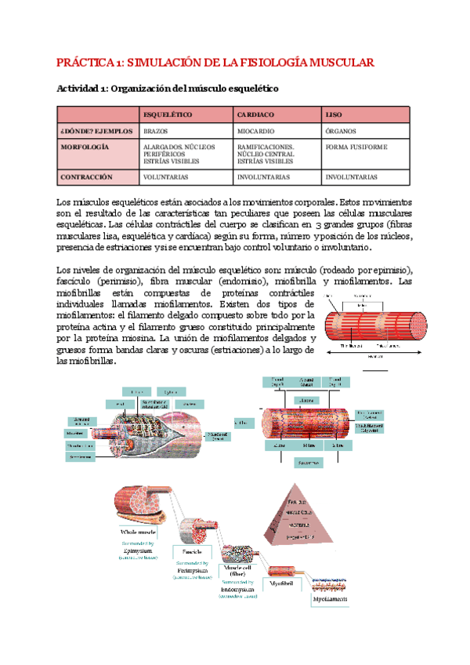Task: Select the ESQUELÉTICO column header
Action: pyautogui.click(x=168, y=115)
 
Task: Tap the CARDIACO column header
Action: pyautogui.click(x=255, y=115)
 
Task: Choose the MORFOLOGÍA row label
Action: pyautogui.click(x=84, y=147)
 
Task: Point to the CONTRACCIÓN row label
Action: pyautogui.click(x=86, y=177)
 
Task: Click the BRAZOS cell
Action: pyautogui.click(x=155, y=131)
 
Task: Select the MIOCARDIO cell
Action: pyautogui.click(x=256, y=131)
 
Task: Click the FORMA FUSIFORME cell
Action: pyautogui.click(x=355, y=147)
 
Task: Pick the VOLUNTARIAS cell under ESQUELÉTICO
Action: pyautogui.click(x=167, y=177)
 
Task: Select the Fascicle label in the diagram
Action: pyautogui.click(x=191, y=552)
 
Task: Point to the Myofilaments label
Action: pyautogui.click(x=330, y=599)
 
